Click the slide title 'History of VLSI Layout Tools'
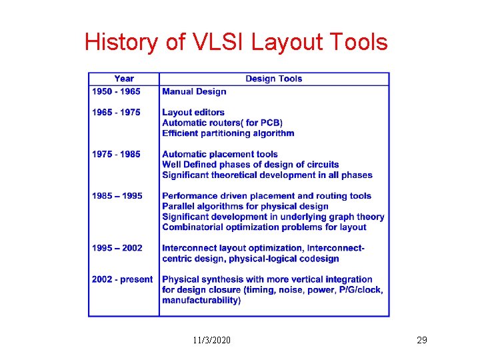coord(235,42)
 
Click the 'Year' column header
coord(123,79)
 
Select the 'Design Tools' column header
coord(273,79)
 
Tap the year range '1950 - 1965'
coord(116,91)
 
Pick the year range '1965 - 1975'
coord(116,112)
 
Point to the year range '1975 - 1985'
coord(116,154)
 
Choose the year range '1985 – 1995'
coord(117,196)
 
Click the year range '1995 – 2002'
coord(117,248)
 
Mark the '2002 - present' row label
coord(122,279)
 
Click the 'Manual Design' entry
coord(194,91)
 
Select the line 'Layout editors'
coord(193,112)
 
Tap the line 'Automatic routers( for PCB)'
coord(222,123)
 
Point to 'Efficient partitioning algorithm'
coord(228,133)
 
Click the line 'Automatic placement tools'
coord(220,154)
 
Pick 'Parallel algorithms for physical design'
coord(245,206)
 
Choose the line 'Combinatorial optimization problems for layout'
coord(264,227)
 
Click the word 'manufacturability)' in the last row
coord(201,301)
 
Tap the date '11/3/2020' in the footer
coord(212,341)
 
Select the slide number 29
coord(421,341)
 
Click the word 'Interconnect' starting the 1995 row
coord(191,248)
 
